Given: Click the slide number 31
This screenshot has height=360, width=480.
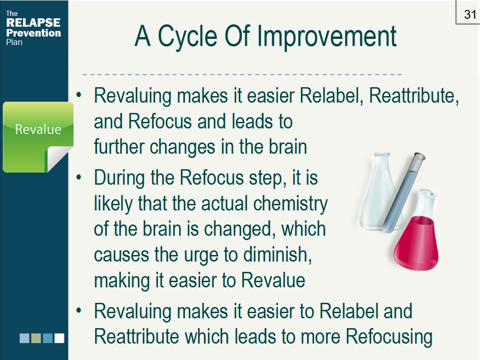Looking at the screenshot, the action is coord(470,15).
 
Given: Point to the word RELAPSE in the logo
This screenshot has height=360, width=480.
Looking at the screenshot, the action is coord(33,22).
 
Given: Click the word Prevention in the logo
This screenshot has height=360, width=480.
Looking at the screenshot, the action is coord(34,33).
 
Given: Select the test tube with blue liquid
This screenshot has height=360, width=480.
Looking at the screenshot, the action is coord(404,193).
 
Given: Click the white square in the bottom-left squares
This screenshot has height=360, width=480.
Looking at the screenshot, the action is coord(60,338).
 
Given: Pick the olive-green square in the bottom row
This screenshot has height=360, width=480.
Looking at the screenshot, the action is coord(36,338).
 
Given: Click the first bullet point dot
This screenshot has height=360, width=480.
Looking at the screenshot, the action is coord(79,95).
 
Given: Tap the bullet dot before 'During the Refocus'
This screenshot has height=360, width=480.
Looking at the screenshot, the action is coord(79,177).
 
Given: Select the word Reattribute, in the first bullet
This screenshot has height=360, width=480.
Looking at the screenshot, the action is coord(414,96).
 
